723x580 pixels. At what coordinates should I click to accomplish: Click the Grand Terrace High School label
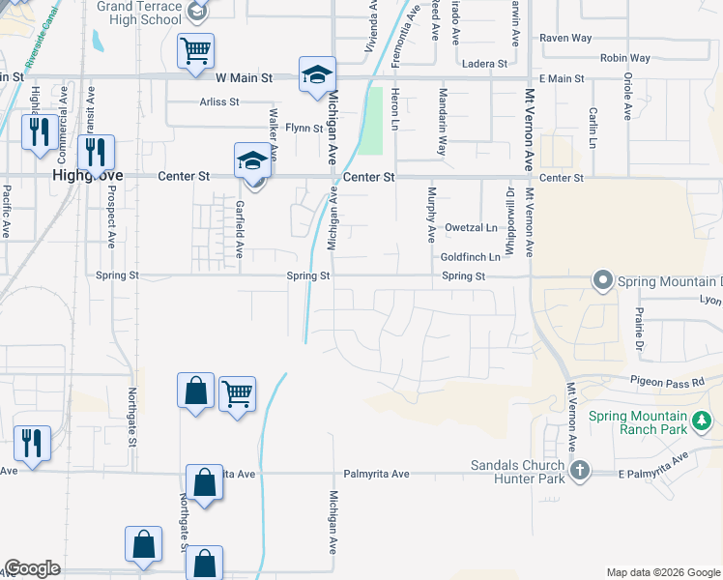[x=146, y=13]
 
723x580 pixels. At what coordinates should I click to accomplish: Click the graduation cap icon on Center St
[x=251, y=159]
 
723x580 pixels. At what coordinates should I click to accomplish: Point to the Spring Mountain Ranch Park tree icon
[x=703, y=421]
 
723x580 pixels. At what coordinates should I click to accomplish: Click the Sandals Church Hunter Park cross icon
[x=579, y=471]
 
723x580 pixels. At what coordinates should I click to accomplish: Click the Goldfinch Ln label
[x=471, y=257]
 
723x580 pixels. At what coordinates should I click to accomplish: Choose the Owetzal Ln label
[x=471, y=228]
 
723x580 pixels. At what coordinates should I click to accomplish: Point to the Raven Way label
[x=565, y=38]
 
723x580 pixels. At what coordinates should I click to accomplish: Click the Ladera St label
[x=486, y=64]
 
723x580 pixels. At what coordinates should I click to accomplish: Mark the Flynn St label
[x=303, y=128]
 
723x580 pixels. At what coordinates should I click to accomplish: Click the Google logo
[x=33, y=568]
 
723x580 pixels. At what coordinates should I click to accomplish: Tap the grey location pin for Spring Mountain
[x=603, y=280]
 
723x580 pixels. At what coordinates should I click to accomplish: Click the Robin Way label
[x=624, y=58]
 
